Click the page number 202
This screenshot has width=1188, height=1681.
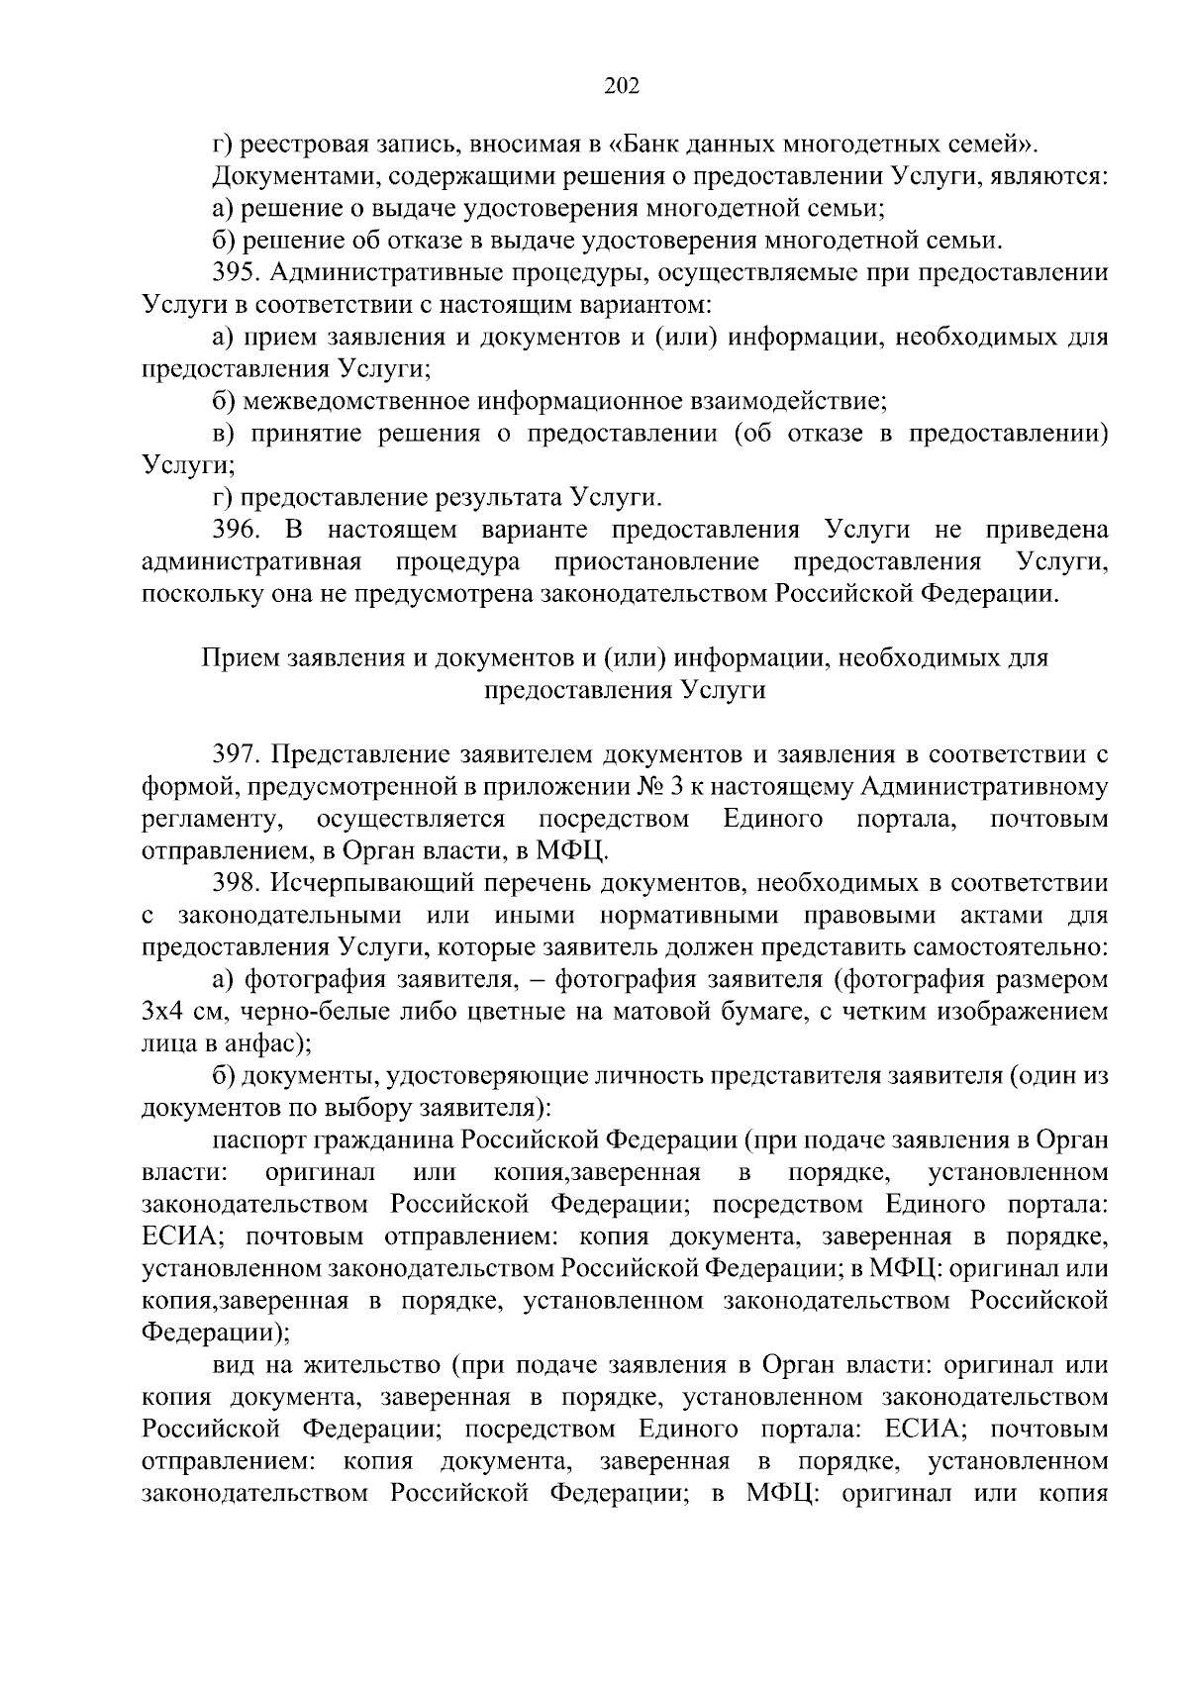[x=622, y=86]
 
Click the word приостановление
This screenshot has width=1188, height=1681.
[x=657, y=563]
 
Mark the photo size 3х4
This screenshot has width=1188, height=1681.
[x=162, y=1012]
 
